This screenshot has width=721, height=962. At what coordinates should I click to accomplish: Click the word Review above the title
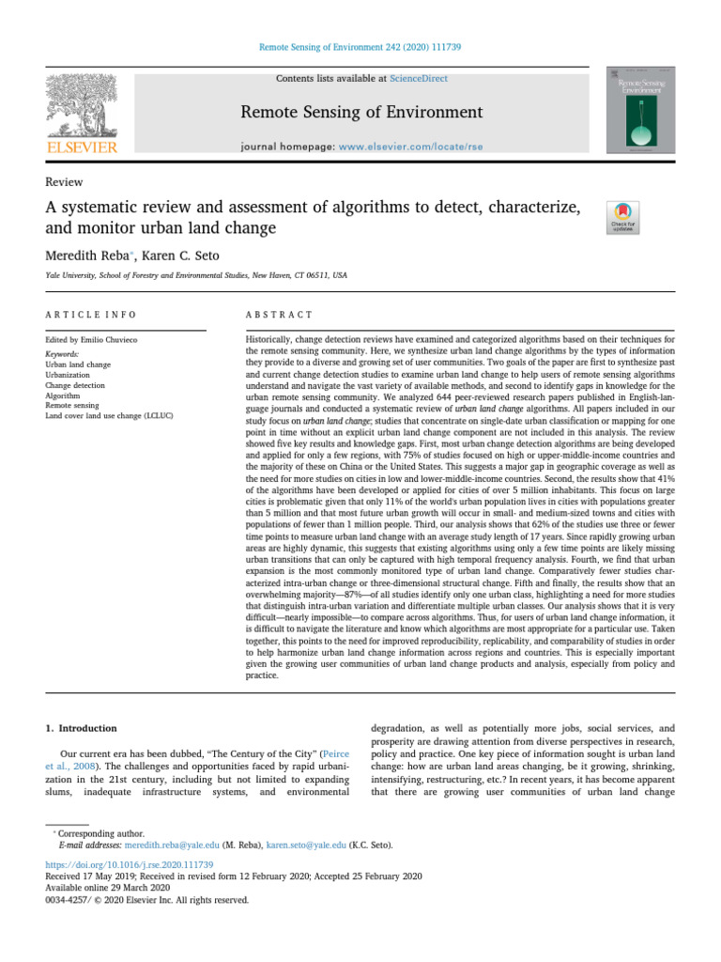[64, 182]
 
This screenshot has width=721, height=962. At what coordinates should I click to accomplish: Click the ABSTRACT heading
[279, 314]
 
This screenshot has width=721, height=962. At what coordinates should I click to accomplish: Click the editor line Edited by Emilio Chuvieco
[97, 338]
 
